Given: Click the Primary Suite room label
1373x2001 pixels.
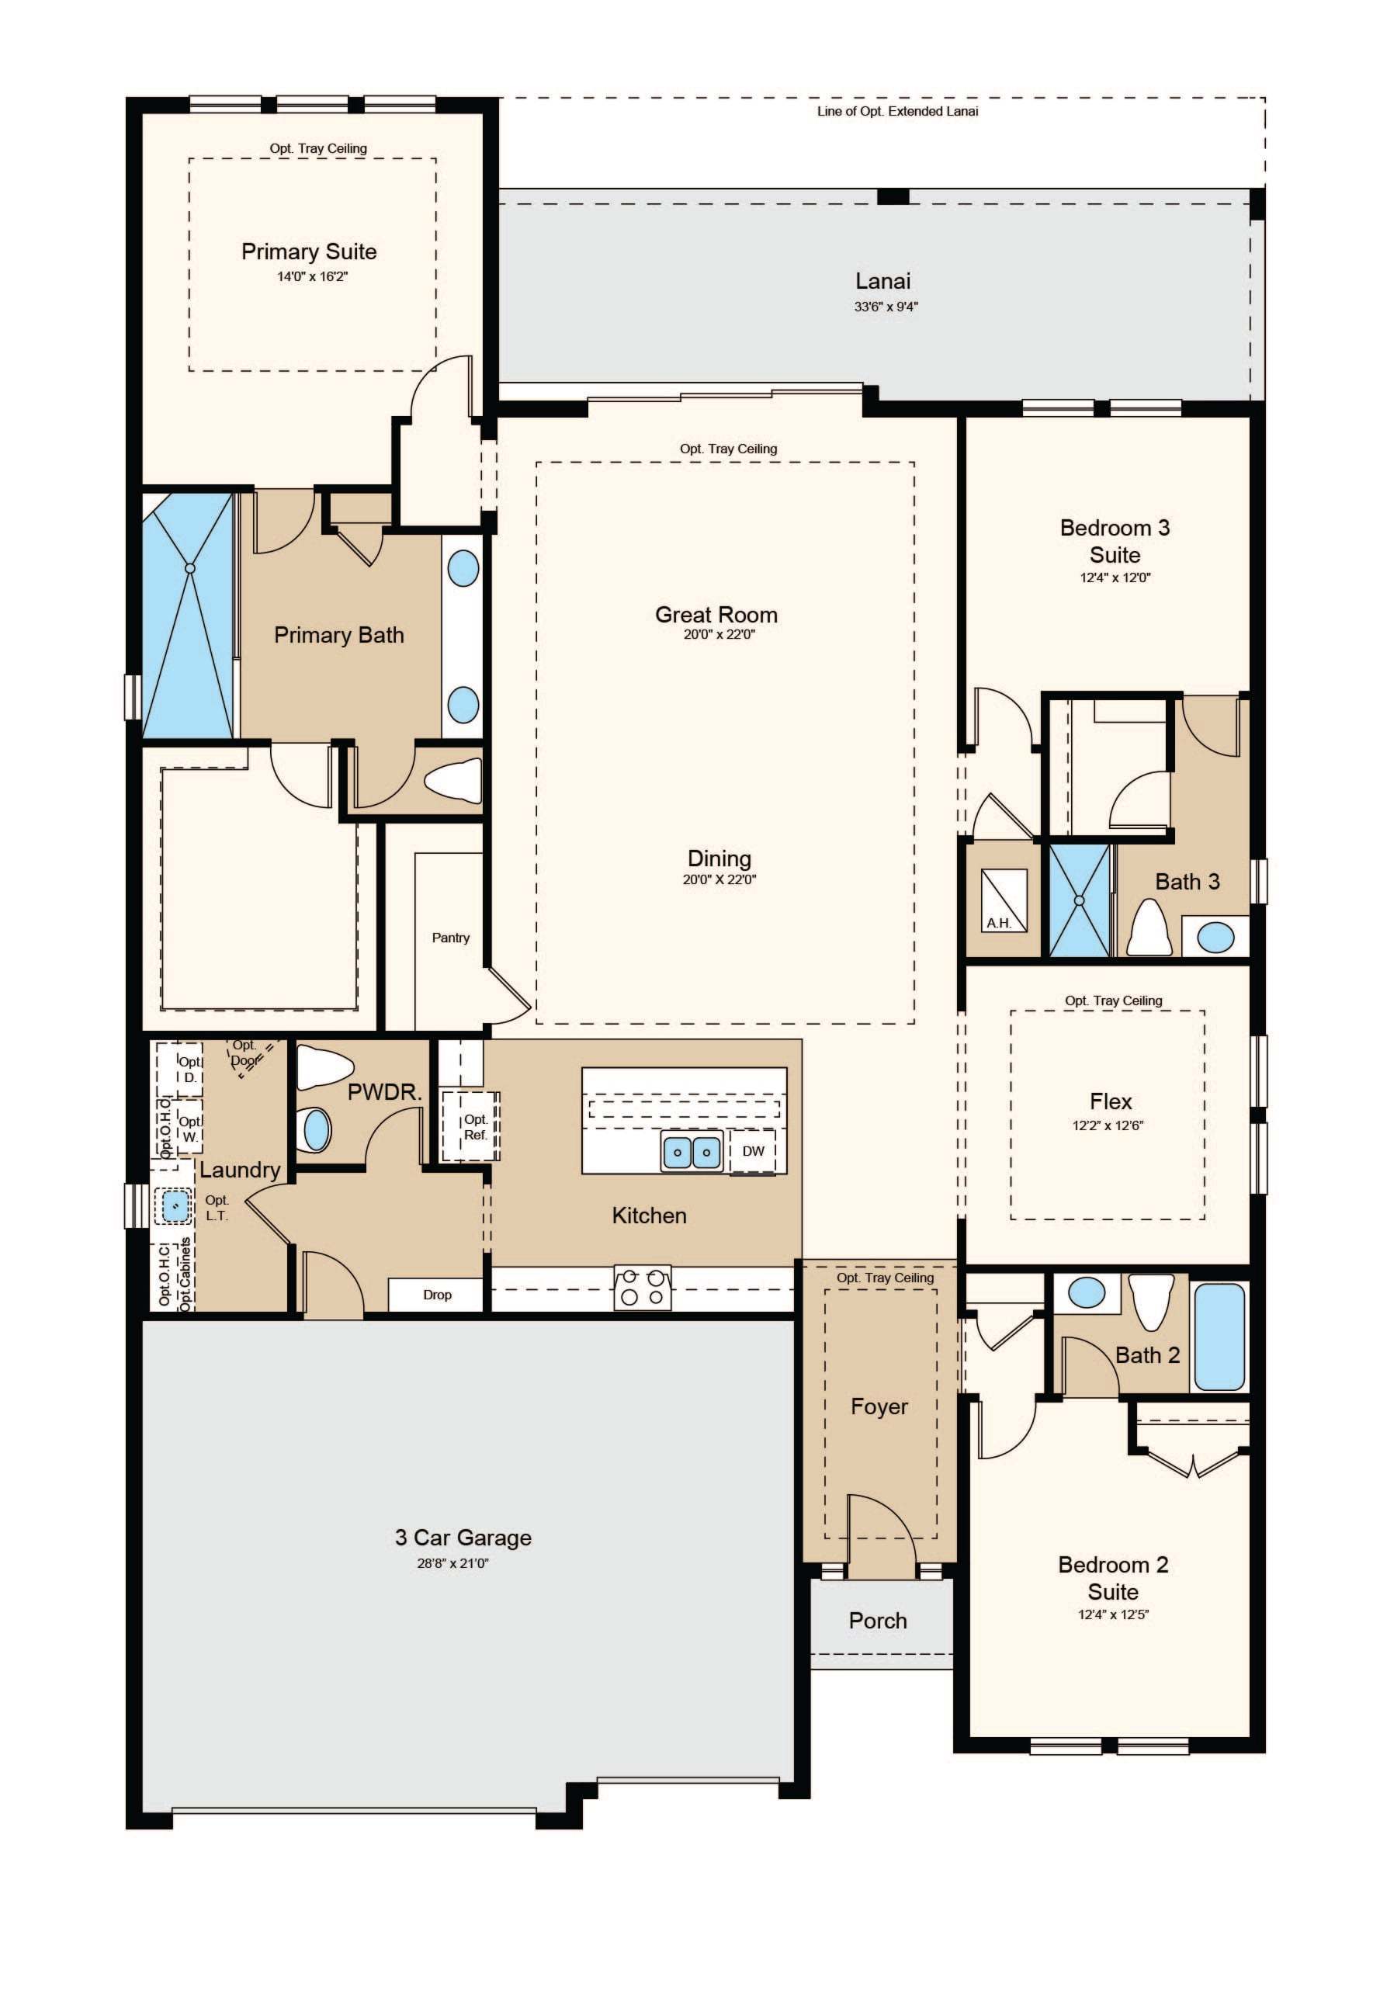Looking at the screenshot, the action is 309,251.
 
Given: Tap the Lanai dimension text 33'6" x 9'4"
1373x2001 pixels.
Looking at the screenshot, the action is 886,306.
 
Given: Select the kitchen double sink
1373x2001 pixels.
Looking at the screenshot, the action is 692,1152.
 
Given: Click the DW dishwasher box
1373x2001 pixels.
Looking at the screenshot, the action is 753,1152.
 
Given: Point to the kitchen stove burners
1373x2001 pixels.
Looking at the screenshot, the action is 642,1288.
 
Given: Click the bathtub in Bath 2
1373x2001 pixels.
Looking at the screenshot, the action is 1220,1337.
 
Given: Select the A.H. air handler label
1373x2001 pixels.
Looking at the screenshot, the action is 999,924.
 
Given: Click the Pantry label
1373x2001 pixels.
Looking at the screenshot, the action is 451,938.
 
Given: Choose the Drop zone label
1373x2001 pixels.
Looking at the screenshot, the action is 437,1295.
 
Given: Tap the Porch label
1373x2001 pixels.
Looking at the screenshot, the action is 878,1621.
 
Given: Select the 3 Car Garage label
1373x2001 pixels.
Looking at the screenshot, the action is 463,1538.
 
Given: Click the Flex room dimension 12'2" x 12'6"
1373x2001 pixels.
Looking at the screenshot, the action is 1108,1125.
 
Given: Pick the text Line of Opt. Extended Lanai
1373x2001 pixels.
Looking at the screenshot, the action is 898,111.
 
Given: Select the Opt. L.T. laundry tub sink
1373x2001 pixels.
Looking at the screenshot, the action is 175,1205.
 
